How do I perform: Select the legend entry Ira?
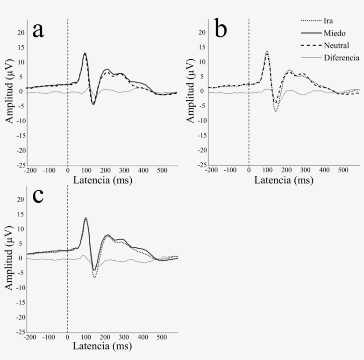tap(329, 20)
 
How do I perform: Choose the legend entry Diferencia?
tap(341, 58)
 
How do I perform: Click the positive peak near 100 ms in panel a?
tap(85, 54)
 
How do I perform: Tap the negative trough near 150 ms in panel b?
tap(276, 111)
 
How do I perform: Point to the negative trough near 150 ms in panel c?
tap(95, 277)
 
